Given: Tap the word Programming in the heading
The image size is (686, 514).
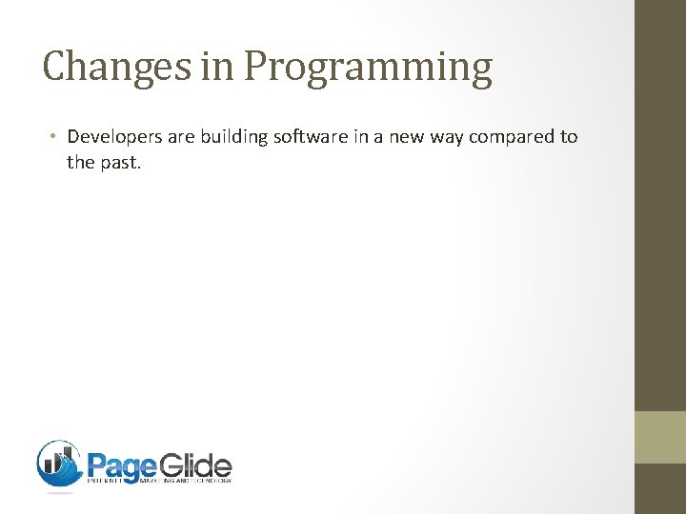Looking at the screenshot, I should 368,69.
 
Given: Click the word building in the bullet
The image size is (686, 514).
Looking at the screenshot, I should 233,136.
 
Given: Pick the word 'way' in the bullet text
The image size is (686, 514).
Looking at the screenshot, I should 439,137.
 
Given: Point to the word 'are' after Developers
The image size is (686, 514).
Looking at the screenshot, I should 180,136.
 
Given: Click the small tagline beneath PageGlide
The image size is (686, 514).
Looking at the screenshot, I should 159,482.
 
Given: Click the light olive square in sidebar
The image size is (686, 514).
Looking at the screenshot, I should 660,437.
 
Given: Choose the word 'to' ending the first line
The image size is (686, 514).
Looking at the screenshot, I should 568,136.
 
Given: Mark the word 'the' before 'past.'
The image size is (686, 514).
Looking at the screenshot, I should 80,163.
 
